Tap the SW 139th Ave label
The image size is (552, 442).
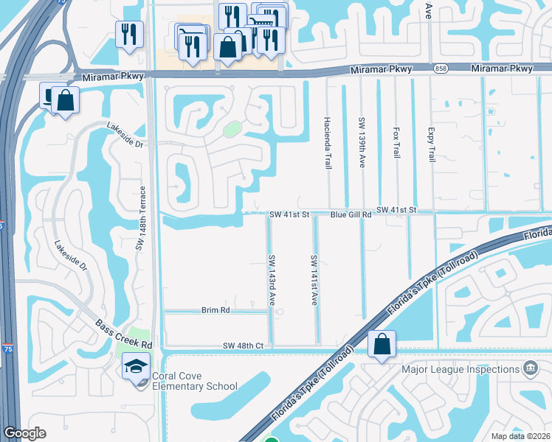(362, 142)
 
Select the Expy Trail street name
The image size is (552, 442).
(431, 144)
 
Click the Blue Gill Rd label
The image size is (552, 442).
(351, 214)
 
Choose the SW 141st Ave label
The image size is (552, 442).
(314, 280)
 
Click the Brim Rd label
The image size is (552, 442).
(215, 311)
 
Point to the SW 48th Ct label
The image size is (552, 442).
(243, 345)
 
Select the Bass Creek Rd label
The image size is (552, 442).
(123, 334)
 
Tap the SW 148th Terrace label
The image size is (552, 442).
(139, 219)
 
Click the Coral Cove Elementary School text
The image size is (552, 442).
(195, 382)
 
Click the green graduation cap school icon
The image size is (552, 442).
(137, 367)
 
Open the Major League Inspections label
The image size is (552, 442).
(460, 369)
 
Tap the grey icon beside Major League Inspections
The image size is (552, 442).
(529, 368)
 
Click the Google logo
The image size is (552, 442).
(25, 433)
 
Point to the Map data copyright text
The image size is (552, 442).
(520, 436)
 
